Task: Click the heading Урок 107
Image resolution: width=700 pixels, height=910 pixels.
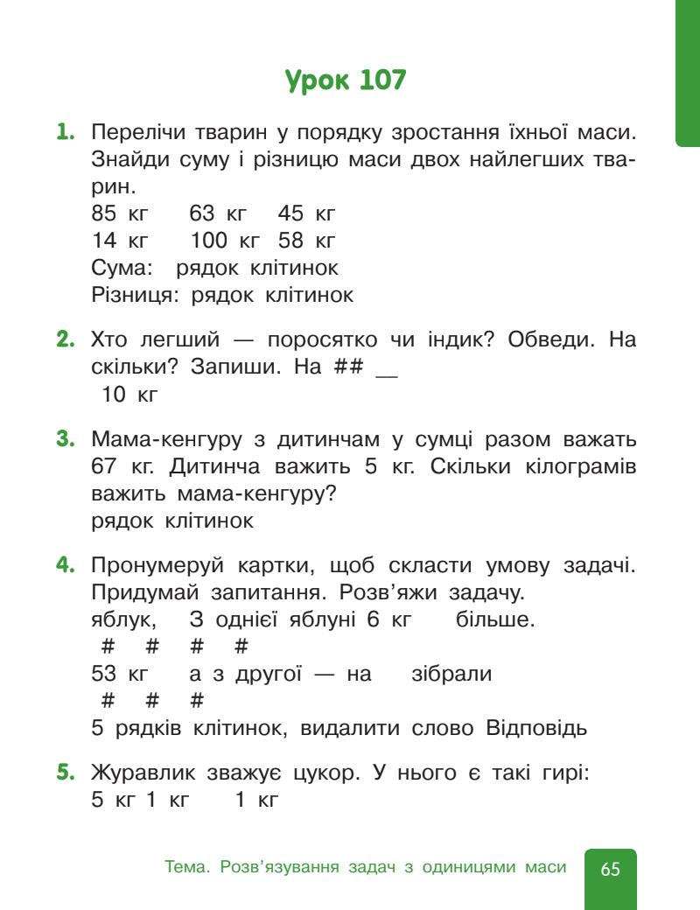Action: pyautogui.click(x=346, y=81)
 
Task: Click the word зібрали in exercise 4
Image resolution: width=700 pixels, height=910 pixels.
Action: pyautogui.click(x=451, y=675)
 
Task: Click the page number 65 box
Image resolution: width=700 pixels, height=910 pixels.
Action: pyautogui.click(x=610, y=868)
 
